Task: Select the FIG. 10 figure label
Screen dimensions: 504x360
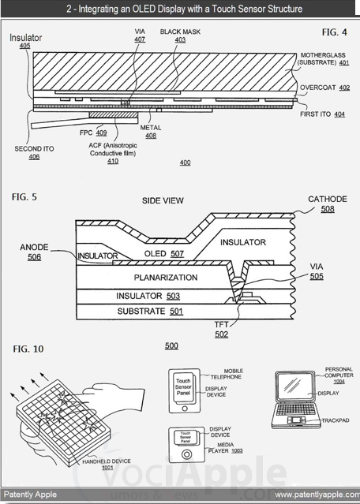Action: [x=28, y=348]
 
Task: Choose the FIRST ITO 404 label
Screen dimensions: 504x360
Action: [x=324, y=114]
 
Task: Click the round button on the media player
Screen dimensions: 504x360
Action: [x=187, y=455]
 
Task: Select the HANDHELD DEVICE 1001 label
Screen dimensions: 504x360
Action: [x=97, y=465]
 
